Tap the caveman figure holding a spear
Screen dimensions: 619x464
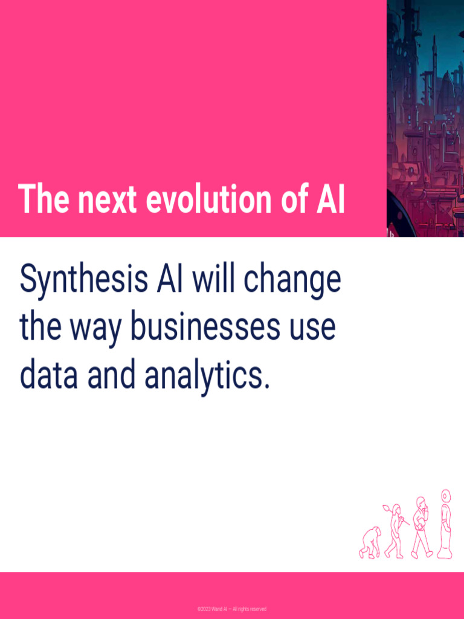click(x=395, y=532)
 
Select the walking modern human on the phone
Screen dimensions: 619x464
click(x=422, y=527)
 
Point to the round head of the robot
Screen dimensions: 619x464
click(x=446, y=496)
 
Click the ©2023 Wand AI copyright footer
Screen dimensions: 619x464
click(x=231, y=609)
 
